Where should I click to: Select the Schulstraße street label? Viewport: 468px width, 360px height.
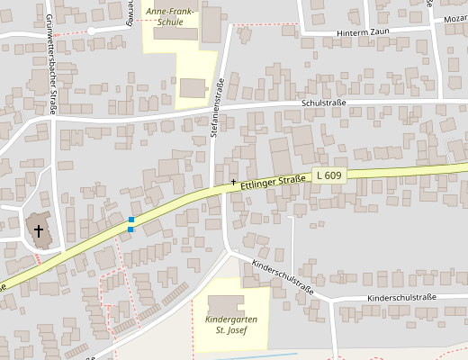pos(324,103)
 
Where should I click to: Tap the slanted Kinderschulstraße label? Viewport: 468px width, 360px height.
pos(283,276)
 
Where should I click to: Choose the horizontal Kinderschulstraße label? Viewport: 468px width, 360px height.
pos(400,297)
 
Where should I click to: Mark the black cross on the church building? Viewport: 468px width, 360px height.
pos(39,231)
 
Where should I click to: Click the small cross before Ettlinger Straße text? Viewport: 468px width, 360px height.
pos(234,183)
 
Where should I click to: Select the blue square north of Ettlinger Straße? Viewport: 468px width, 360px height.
pos(131,220)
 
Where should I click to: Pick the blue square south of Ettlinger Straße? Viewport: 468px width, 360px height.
pos(131,229)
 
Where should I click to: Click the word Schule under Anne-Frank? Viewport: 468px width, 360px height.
pos(169,22)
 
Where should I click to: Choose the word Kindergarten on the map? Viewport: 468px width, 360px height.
pos(231,319)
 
